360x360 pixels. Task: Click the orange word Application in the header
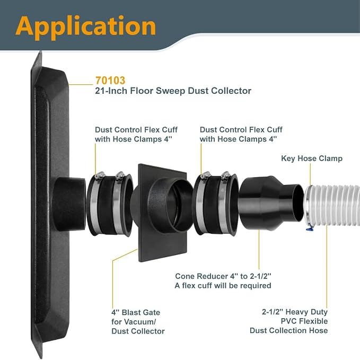point(86,28)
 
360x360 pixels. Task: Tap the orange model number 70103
point(110,81)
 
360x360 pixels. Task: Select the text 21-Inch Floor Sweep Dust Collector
point(173,91)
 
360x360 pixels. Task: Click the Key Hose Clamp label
point(312,159)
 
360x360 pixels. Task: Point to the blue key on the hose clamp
point(310,228)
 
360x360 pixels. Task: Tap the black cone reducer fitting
point(271,203)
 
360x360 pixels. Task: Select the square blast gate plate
point(163,213)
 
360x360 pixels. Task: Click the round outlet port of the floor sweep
point(69,204)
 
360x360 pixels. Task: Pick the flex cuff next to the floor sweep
point(110,204)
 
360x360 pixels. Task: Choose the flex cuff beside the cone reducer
point(215,204)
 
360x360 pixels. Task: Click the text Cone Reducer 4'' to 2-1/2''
point(223,276)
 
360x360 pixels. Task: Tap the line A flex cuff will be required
point(223,286)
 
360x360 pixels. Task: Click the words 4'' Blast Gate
point(136,312)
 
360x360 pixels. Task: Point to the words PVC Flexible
point(304,321)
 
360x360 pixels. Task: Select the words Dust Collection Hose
point(288,331)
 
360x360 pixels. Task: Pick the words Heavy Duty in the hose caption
point(306,312)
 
